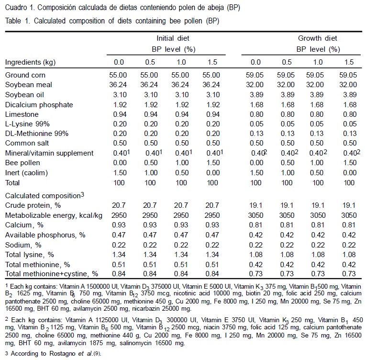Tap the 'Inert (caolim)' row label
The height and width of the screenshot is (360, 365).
point(27,173)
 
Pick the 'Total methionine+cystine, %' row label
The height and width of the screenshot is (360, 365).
point(51,273)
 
